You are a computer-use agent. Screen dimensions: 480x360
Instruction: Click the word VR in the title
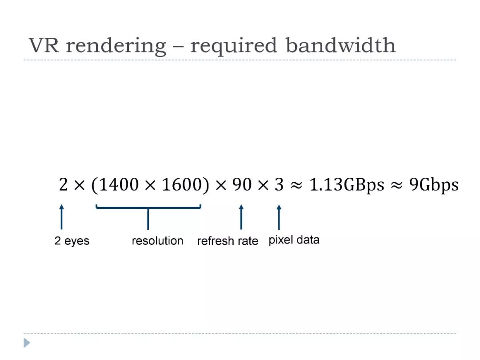44,45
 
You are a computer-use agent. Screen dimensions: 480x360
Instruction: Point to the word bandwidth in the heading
341,45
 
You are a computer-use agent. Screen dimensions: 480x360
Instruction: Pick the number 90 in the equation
242,184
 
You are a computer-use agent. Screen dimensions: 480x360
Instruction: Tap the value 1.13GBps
347,185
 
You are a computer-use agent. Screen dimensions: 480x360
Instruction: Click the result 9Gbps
434,185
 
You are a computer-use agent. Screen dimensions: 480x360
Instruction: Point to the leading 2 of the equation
63,184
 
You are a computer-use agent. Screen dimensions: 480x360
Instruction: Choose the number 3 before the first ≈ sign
279,184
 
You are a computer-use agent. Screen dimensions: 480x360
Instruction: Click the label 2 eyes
72,241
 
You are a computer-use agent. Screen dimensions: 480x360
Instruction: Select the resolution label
158,240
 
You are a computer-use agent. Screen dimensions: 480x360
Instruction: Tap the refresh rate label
228,241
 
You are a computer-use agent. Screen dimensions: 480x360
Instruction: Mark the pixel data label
294,240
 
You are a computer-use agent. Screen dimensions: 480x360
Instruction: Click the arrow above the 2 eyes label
61,217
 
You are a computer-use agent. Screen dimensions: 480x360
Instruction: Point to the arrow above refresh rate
241,217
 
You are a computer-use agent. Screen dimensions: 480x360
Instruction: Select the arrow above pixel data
279,217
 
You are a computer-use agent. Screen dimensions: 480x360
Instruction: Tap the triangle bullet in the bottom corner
27,343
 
